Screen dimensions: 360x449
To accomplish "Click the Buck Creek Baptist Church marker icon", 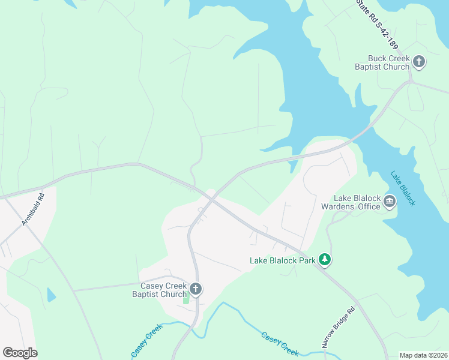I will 419,61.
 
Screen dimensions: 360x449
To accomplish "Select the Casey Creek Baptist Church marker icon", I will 195,290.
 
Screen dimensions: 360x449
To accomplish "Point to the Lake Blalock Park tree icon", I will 325,259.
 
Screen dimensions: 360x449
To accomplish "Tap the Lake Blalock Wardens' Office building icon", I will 390,202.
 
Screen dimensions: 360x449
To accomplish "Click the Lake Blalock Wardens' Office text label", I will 357,202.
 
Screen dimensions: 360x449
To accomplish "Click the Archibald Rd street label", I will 33,209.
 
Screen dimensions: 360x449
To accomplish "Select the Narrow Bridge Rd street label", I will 339,327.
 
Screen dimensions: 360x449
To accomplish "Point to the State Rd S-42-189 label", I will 378,24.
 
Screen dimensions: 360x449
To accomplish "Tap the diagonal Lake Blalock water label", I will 403,188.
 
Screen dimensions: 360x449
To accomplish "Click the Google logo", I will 20,353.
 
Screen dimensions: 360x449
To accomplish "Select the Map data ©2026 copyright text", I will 423,355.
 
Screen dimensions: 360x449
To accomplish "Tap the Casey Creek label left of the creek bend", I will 147,342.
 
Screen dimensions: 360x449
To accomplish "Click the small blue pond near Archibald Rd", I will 51,295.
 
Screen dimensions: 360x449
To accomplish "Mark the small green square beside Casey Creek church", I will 186,299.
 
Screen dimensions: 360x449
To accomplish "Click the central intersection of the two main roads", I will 210,198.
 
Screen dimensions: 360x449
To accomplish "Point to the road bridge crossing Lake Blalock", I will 363,131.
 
